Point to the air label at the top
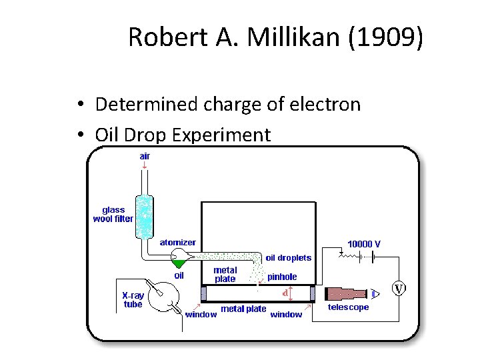coord(145,156)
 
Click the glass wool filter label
coord(113,213)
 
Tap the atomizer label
coord(177,243)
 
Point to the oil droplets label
coord(289,258)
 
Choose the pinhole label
coord(282,277)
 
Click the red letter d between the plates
coord(285,292)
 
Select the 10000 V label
coord(364,244)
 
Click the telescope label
coord(348,307)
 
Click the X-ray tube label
coord(133,299)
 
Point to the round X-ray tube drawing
coord(162,295)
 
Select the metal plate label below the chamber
coord(243,309)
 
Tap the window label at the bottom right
coord(286,314)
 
